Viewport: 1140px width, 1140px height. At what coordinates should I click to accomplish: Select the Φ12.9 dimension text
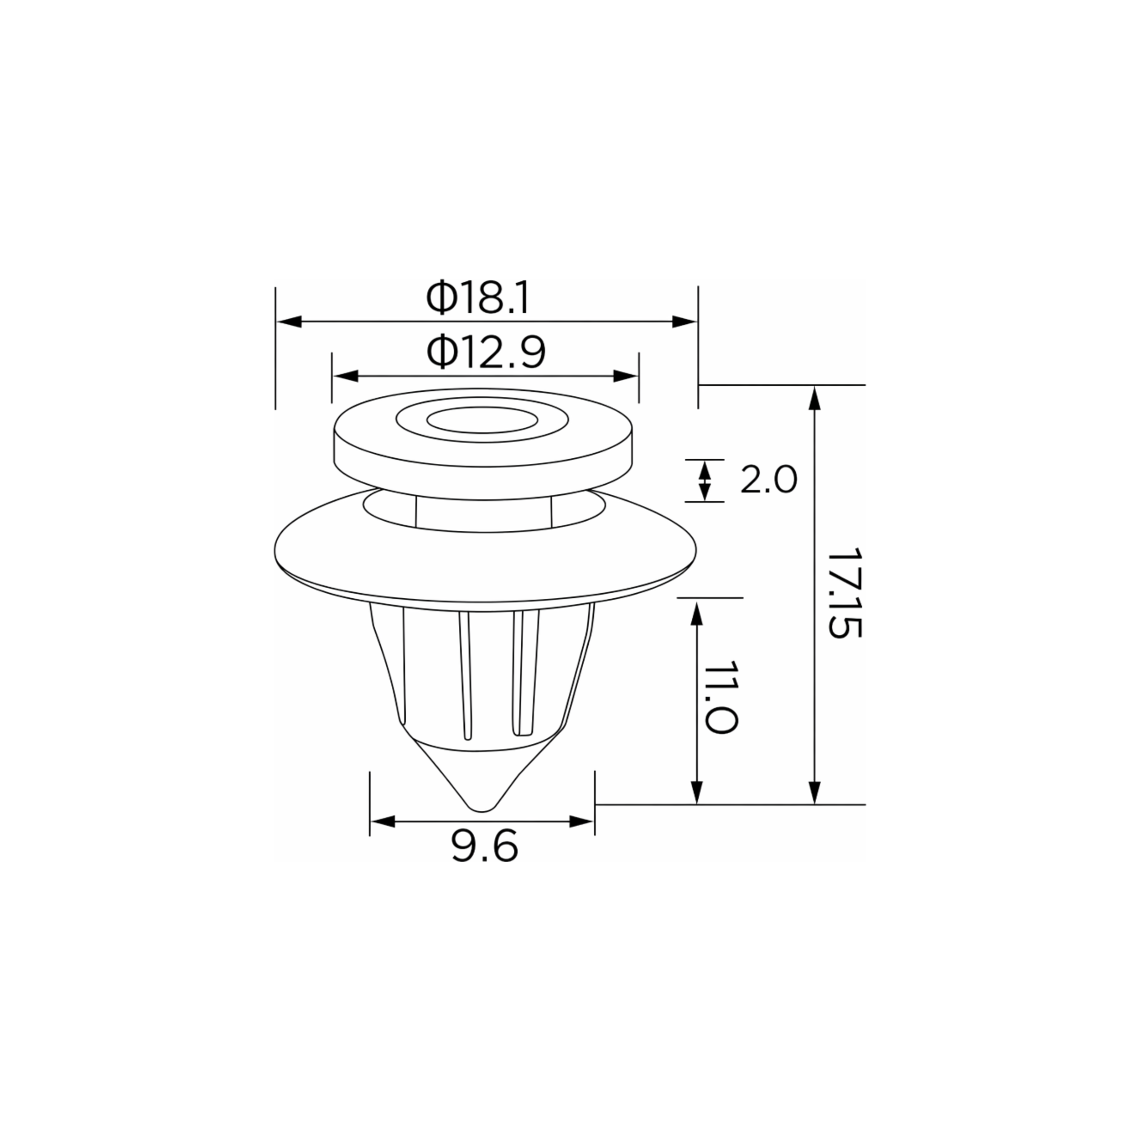[486, 352]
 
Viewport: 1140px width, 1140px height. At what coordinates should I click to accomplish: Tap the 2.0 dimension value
[768, 480]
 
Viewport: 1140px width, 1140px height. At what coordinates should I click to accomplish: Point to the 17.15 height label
[845, 593]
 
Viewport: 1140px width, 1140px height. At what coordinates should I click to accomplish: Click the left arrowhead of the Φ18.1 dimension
[289, 321]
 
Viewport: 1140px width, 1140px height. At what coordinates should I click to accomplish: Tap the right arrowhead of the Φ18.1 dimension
[684, 321]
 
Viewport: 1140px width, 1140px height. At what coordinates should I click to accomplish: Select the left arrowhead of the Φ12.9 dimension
[346, 376]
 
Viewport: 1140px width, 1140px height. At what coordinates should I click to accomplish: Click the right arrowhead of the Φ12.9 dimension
[626, 376]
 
